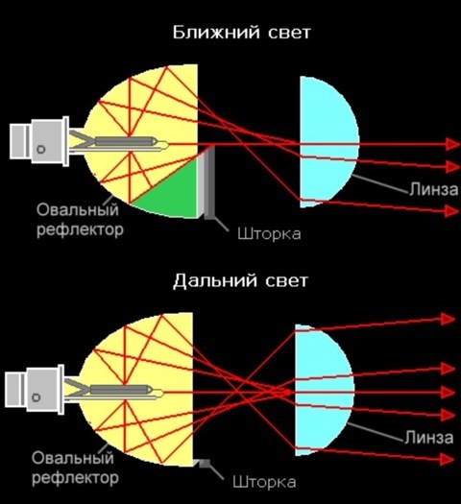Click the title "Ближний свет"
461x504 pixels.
point(241,33)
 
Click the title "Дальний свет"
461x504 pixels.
point(240,280)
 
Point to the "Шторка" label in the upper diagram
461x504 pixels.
point(270,234)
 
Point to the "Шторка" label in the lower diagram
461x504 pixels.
point(264,483)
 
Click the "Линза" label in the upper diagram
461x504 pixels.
point(434,190)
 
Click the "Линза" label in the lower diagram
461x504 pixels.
point(429,438)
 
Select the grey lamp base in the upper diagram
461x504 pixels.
point(39,142)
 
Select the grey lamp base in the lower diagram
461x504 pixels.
point(35,390)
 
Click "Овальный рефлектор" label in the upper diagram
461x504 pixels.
point(80,220)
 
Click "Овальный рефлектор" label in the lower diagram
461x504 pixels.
point(75,468)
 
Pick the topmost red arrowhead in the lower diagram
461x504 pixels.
point(449,319)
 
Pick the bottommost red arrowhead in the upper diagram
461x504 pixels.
point(452,211)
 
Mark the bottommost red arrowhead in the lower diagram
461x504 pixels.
point(448,459)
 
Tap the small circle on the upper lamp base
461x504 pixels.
point(41,150)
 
